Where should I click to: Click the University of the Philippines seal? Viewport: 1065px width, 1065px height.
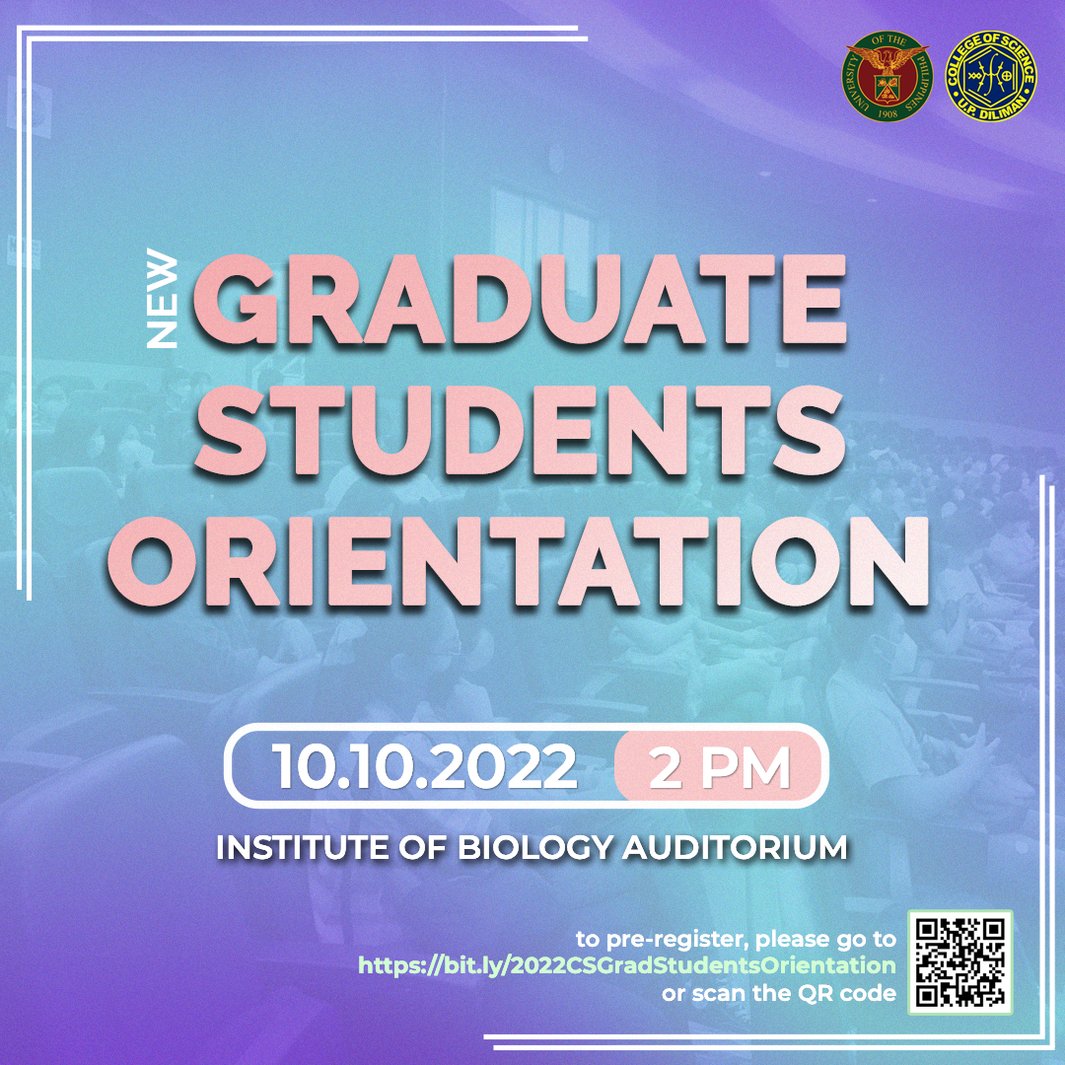(x=887, y=76)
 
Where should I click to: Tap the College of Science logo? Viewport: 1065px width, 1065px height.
(x=991, y=76)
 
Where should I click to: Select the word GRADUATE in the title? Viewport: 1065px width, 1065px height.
(x=520, y=300)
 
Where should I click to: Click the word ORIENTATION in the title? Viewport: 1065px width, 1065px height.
(x=518, y=562)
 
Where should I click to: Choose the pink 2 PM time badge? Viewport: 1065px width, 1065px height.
(x=719, y=767)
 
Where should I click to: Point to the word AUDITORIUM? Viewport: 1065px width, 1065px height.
(x=735, y=848)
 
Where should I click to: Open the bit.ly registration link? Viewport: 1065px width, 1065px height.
(x=627, y=965)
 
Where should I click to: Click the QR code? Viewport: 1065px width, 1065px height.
(x=960, y=962)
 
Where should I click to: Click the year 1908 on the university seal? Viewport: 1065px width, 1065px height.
(x=887, y=113)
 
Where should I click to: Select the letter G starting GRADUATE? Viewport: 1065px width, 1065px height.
(x=237, y=300)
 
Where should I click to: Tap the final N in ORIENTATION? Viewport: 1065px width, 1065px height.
(x=886, y=562)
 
